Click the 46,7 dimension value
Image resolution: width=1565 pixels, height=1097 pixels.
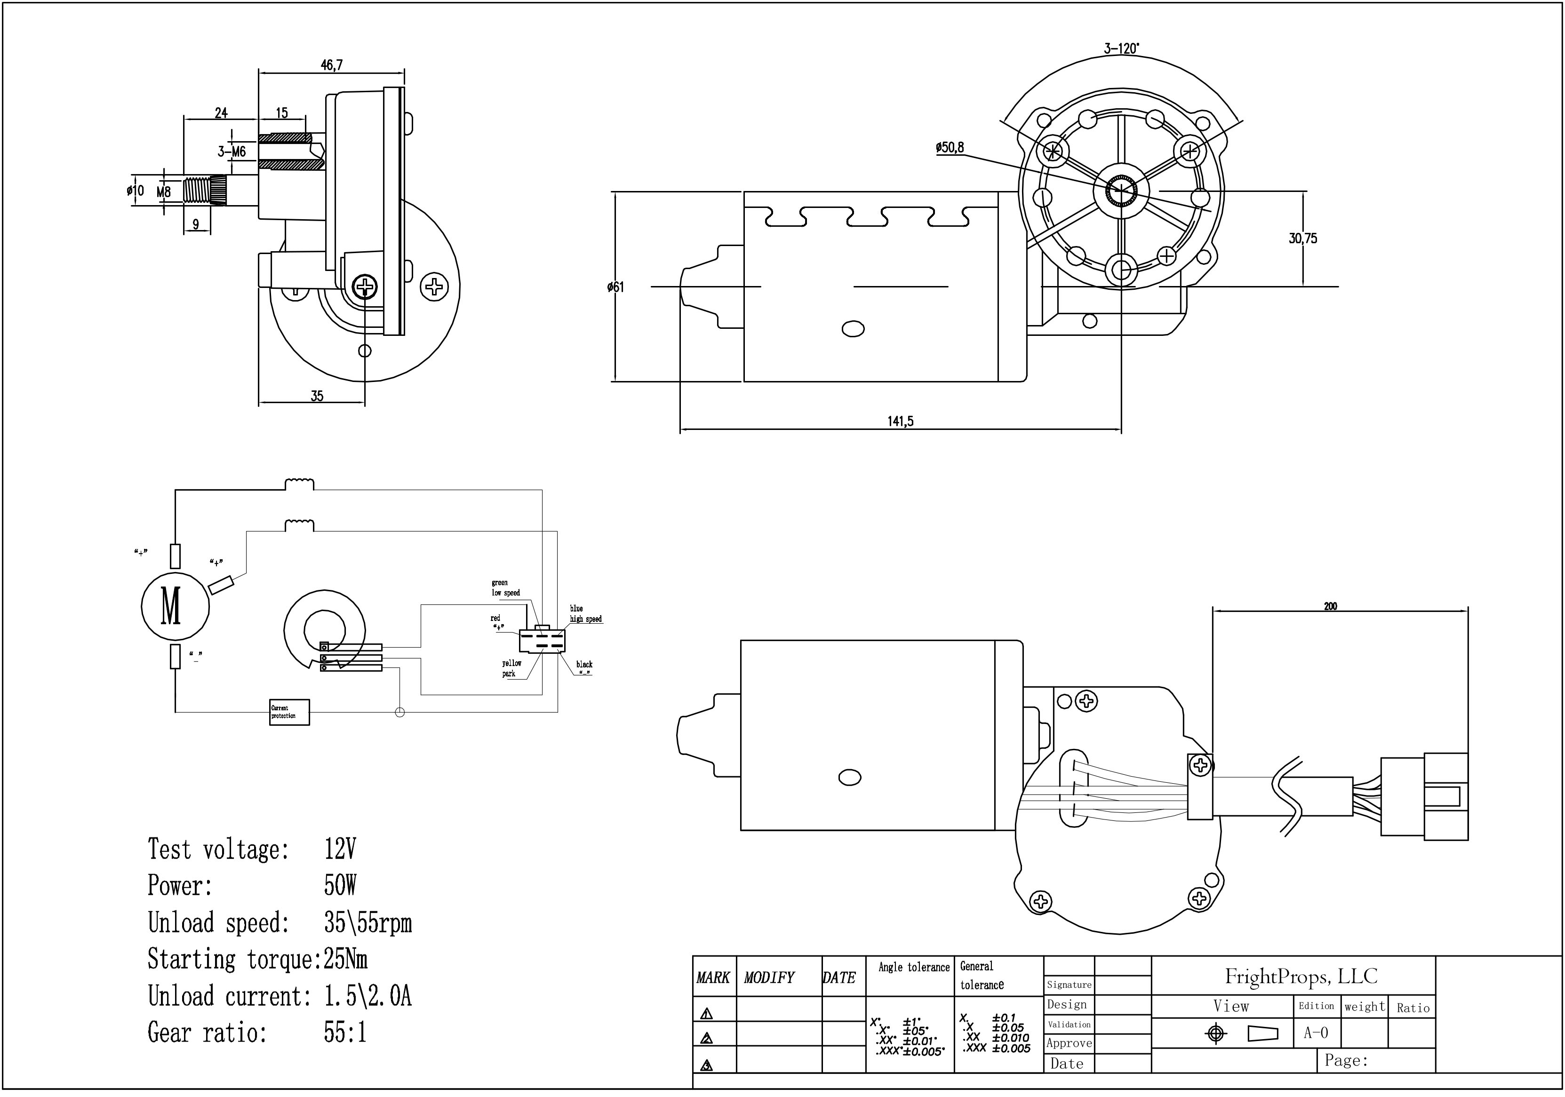click(332, 65)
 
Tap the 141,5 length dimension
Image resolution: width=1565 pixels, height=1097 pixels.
click(901, 421)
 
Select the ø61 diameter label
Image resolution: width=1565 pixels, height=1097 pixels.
click(615, 287)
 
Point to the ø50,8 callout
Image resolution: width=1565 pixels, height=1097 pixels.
click(950, 147)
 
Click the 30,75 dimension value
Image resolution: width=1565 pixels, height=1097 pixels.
click(1302, 238)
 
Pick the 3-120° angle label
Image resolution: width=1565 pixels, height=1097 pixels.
click(1121, 48)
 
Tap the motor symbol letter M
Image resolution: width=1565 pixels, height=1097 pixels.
click(171, 606)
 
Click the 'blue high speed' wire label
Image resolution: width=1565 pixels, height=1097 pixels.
click(585, 614)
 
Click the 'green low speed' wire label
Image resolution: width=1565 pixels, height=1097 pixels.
click(505, 588)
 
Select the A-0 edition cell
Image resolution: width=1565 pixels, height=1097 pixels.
click(1316, 1033)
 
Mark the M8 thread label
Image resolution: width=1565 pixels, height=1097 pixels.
click(164, 192)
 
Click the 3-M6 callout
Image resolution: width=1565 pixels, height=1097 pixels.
click(232, 151)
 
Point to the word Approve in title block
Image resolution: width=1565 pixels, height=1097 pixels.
click(1069, 1043)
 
